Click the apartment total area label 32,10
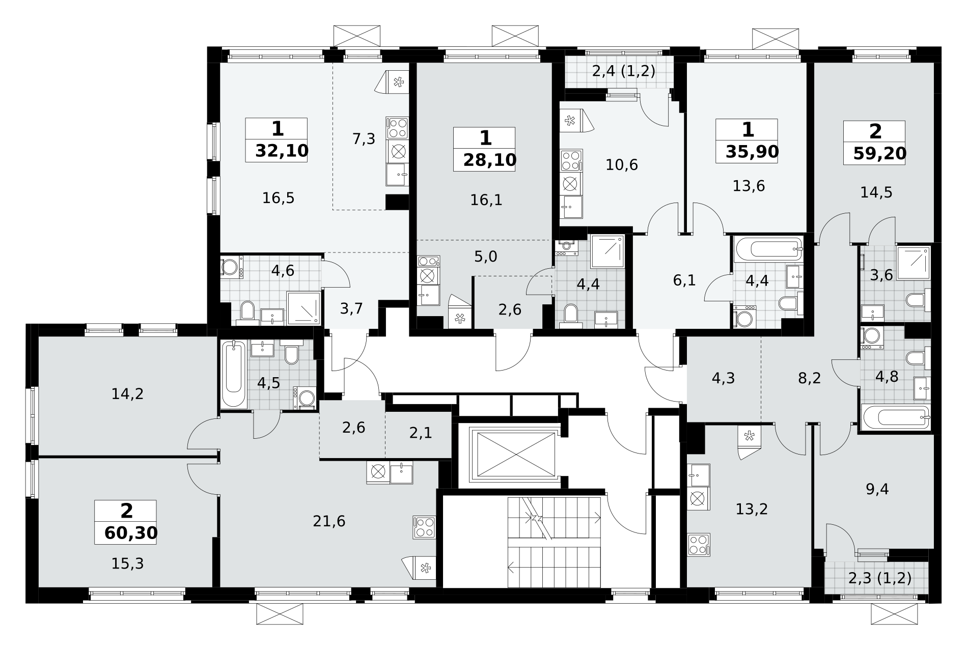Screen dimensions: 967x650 click(x=282, y=151)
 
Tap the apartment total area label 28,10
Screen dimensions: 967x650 click(x=490, y=160)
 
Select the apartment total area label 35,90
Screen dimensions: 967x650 click(x=752, y=152)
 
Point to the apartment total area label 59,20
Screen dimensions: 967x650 click(x=880, y=153)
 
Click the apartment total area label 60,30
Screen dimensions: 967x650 click(x=131, y=533)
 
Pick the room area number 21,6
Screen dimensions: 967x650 click(x=329, y=521)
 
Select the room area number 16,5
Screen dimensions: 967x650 click(x=279, y=198)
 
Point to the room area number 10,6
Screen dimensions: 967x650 click(x=622, y=165)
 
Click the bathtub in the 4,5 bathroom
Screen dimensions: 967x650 click(x=234, y=374)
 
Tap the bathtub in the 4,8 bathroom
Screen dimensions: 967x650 click(x=896, y=417)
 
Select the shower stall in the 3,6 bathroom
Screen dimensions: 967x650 click(x=914, y=263)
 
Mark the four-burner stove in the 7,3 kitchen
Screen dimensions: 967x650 click(x=398, y=128)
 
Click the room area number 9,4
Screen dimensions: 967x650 click(x=877, y=489)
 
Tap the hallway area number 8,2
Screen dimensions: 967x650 click(x=810, y=379)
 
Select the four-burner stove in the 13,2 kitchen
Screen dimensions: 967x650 click(x=699, y=544)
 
